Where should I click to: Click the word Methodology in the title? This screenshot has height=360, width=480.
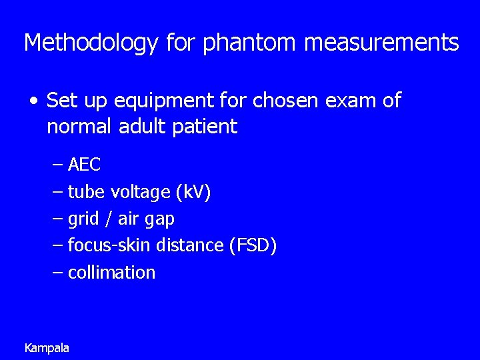point(91,43)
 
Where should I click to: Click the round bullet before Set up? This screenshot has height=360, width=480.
point(34,101)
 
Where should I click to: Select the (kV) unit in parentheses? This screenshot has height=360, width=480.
point(193,192)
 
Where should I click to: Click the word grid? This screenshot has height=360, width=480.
point(83,219)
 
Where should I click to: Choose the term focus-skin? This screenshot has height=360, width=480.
point(109,245)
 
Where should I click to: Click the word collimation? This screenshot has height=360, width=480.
point(111,272)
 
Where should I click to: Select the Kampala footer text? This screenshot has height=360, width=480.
point(47,347)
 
